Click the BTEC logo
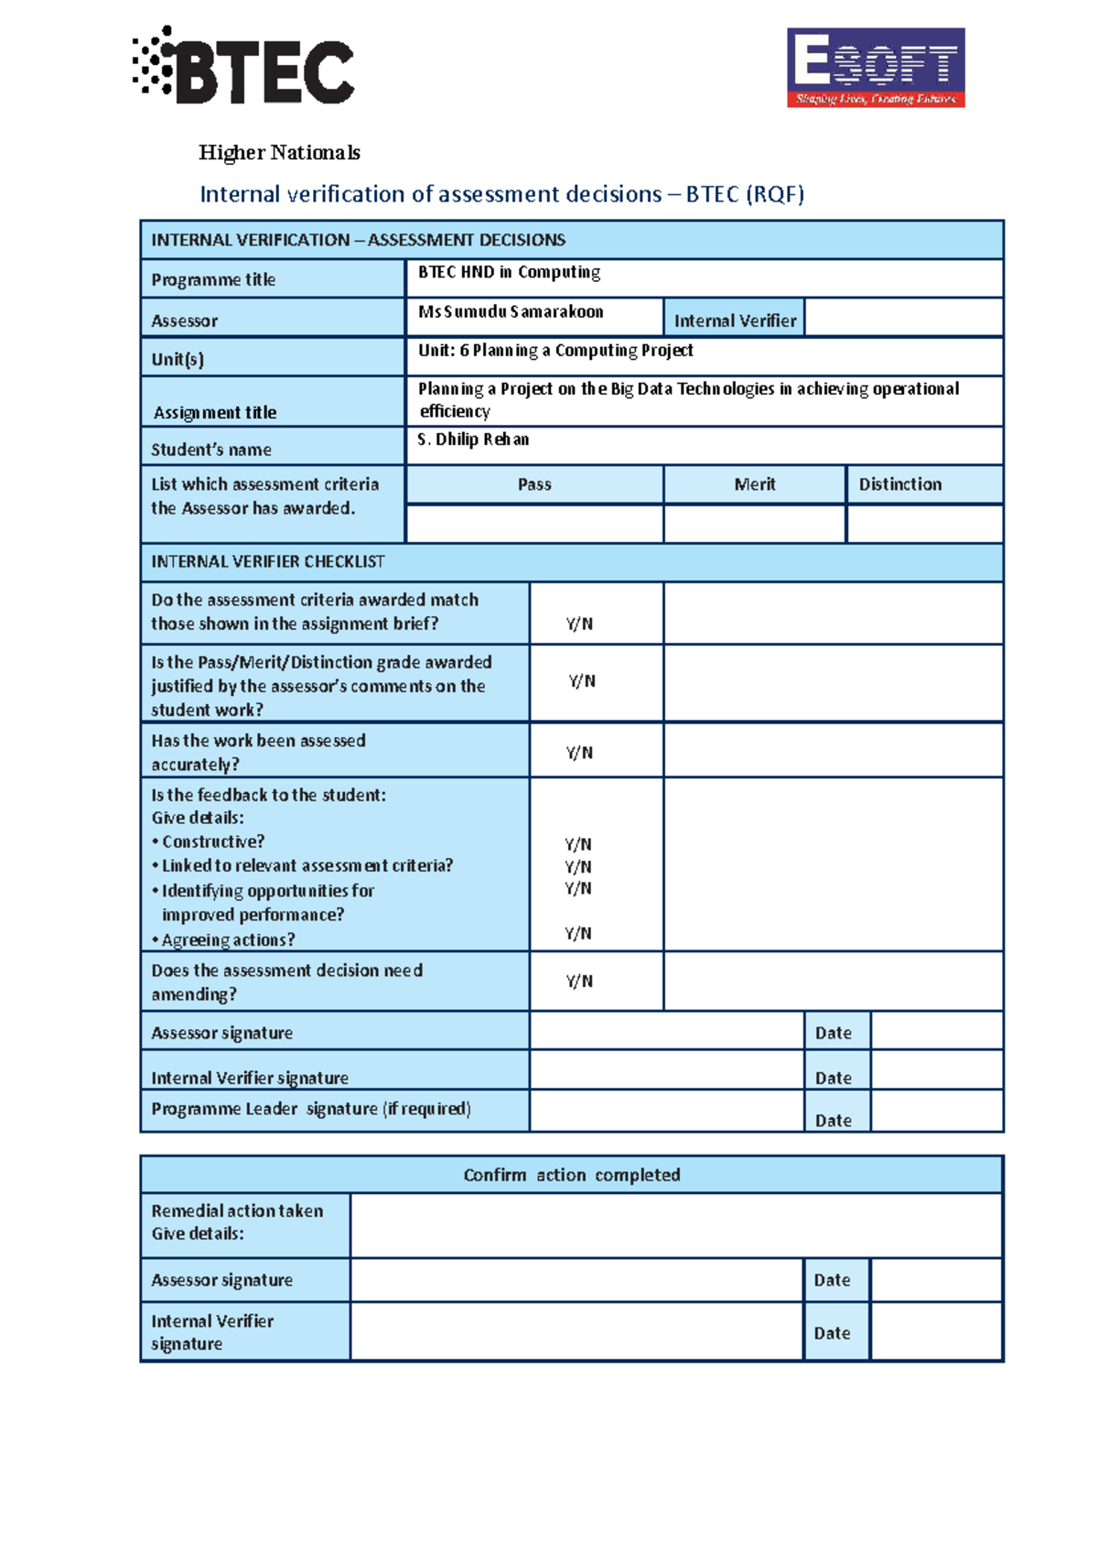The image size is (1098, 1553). point(243,67)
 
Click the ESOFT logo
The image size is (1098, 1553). point(876,68)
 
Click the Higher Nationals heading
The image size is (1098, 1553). point(279,153)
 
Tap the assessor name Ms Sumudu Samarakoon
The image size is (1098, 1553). point(511,312)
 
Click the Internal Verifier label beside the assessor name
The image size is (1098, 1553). point(735,320)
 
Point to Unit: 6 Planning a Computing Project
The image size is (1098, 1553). point(555,351)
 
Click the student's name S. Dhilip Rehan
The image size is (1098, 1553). point(473,440)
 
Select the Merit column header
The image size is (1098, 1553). point(754,484)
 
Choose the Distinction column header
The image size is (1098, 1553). point(899,484)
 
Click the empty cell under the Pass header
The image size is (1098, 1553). point(534,524)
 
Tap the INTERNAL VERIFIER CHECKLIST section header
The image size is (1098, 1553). point(268,561)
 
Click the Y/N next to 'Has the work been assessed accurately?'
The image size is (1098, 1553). point(579,753)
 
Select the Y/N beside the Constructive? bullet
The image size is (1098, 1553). point(577,844)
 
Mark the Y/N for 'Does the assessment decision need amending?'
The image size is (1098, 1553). point(579,982)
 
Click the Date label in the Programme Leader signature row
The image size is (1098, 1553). point(833,1120)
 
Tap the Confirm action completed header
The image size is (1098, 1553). point(571,1175)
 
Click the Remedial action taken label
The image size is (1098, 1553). point(237,1211)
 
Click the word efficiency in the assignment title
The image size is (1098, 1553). point(455,412)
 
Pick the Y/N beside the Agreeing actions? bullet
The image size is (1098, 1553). point(577,934)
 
